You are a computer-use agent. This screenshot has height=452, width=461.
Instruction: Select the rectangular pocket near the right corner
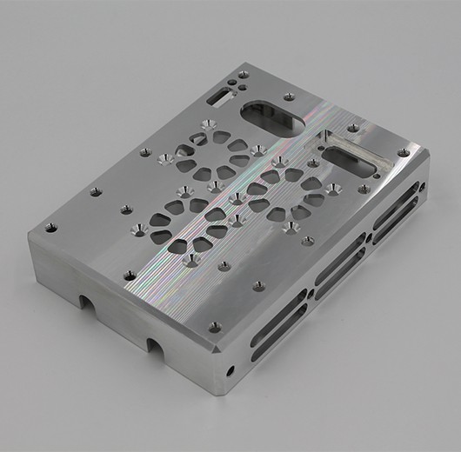click(353, 149)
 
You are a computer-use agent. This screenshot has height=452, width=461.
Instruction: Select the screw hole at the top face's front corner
click(214, 327)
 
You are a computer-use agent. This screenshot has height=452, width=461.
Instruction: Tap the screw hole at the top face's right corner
click(402, 153)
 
